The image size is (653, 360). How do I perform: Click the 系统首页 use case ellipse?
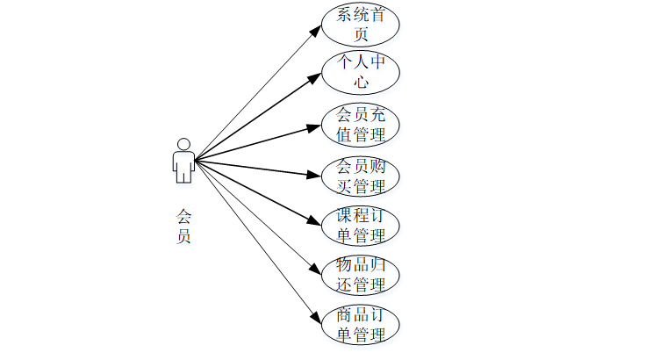(361, 25)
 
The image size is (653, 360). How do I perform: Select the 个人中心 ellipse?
(361, 74)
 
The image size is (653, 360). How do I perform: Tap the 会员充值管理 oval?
(361, 125)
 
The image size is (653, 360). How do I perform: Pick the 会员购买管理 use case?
(361, 176)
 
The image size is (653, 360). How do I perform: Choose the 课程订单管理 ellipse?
(361, 225)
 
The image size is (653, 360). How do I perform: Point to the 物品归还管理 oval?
(361, 274)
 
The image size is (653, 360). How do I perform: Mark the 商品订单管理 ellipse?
(361, 324)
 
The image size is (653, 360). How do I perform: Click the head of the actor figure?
(183, 144)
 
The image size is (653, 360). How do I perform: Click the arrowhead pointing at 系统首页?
(317, 29)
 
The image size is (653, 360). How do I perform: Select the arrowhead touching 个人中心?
(316, 77)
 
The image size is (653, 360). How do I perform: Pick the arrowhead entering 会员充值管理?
(315, 127)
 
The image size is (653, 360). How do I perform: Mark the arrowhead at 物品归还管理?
(317, 270)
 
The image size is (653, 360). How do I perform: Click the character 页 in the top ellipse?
(361, 35)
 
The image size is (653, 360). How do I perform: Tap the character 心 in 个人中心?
(361, 84)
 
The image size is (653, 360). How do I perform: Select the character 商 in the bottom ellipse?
(344, 314)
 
